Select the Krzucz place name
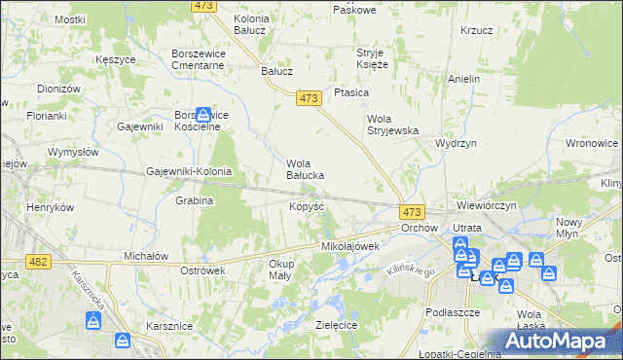tap(477, 30)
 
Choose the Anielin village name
tap(464, 79)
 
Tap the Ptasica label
tap(350, 92)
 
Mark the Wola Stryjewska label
tap(391, 125)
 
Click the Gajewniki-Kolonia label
tap(189, 171)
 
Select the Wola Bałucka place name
tap(304, 169)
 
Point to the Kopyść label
tap(306, 207)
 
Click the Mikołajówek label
tap(349, 247)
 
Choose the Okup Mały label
tap(280, 270)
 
